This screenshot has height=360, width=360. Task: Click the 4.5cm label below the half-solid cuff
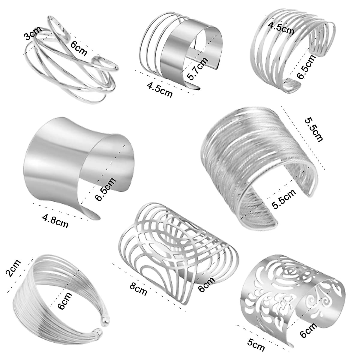tap(160, 90)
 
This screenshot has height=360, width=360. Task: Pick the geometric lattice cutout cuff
tap(177, 249)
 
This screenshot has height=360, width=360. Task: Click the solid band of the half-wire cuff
tap(177, 57)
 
